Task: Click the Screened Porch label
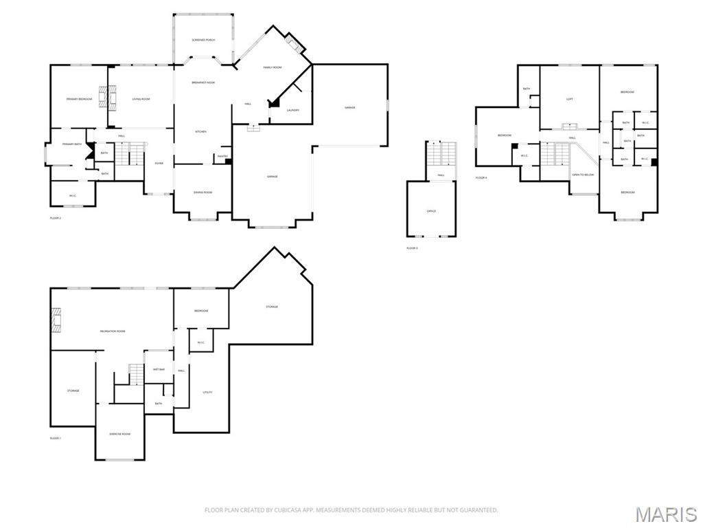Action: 203,41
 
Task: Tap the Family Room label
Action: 273,67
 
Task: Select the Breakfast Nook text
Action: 203,82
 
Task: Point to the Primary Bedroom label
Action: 79,100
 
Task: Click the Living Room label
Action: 141,100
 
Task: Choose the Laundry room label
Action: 293,110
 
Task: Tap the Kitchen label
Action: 201,131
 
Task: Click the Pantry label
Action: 222,156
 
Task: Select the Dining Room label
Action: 203,192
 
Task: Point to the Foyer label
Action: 159,163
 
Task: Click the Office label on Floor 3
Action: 431,211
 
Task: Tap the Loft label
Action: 570,100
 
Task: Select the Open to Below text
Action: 583,175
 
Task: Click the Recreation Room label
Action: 113,331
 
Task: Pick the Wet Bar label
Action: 159,369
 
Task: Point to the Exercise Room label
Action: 120,434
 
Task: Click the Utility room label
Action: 208,392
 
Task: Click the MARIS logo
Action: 665,514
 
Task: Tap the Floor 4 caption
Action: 481,178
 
